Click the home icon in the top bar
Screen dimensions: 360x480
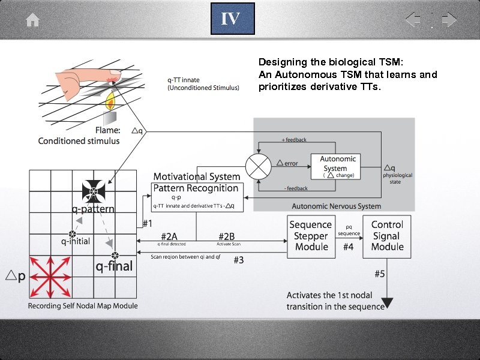32,20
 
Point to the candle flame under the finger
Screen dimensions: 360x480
110,101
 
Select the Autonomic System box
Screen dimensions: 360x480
338,166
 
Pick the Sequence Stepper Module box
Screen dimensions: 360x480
311,236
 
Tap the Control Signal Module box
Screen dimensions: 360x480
387,236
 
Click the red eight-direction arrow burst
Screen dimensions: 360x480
50,277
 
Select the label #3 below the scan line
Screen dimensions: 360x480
238,260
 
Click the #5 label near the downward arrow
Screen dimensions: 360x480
380,274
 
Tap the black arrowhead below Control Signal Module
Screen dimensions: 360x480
387,301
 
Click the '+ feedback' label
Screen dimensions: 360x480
294,140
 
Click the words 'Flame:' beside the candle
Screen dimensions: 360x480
107,130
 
